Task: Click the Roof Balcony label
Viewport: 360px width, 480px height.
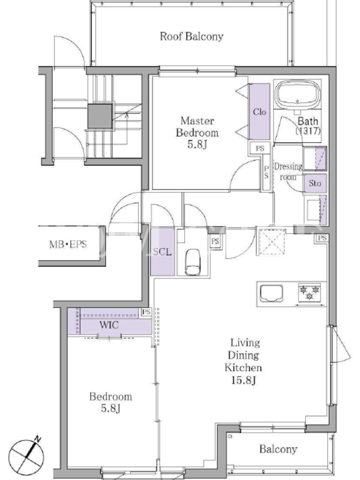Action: [191, 37]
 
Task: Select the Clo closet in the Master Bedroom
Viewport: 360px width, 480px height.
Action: [259, 112]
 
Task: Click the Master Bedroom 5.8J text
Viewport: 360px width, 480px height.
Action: [197, 133]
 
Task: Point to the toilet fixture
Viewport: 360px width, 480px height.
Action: [193, 262]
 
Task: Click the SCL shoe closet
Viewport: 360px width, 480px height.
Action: [163, 251]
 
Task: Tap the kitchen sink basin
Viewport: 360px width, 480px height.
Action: [271, 293]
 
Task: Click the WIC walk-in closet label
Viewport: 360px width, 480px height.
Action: [109, 325]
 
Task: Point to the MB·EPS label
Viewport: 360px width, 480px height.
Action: [68, 244]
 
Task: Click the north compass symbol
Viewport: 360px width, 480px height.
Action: [26, 456]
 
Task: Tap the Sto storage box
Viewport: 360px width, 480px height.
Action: [315, 184]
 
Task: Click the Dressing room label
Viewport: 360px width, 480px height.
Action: [288, 172]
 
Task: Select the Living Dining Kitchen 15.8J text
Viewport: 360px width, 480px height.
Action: [244, 361]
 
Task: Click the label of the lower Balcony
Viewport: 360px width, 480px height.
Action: [278, 449]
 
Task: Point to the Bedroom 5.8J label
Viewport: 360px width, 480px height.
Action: [110, 402]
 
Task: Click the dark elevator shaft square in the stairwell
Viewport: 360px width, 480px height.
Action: [100, 116]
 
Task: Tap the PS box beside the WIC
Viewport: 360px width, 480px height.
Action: [146, 312]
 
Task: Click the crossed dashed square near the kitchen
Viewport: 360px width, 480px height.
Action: [272, 242]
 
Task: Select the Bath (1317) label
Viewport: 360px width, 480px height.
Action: [308, 125]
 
